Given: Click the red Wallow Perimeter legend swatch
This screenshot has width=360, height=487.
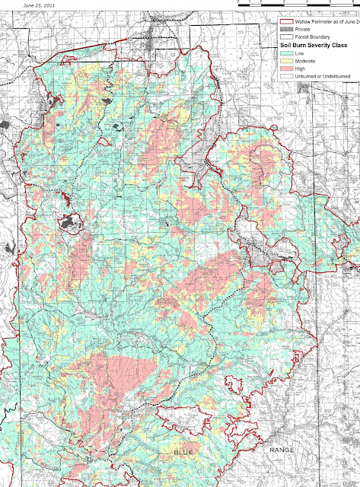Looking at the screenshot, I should (x=287, y=22).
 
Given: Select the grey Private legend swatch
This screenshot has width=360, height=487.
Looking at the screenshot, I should (x=287, y=29).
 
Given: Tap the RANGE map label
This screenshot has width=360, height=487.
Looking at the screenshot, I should (x=281, y=451).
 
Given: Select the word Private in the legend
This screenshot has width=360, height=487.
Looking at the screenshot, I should (x=305, y=29).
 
